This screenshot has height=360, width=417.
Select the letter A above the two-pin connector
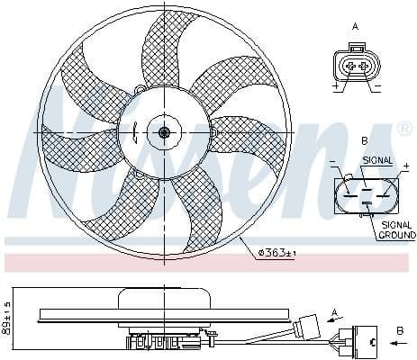(354, 27)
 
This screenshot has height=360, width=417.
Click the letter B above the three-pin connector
(364, 141)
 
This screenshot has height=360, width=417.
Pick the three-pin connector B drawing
(364, 192)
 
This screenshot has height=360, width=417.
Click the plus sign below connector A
(335, 88)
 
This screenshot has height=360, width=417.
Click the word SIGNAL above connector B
(376, 159)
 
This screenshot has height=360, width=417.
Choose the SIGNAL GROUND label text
(395, 229)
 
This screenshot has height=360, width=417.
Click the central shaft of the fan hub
(164, 132)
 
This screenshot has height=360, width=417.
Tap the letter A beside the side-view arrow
(335, 310)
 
